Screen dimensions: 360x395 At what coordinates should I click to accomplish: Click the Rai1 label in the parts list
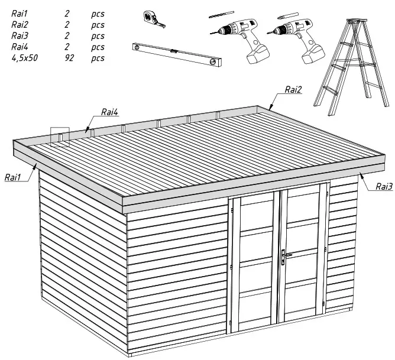pyautogui.click(x=21, y=14)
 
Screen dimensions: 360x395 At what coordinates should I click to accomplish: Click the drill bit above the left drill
pyautogui.click(x=221, y=15)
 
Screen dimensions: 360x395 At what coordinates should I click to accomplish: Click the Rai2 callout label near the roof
pyautogui.click(x=293, y=90)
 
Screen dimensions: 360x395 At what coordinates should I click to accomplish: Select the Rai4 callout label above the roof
pyautogui.click(x=110, y=111)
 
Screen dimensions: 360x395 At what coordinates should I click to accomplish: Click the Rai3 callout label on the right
pyautogui.click(x=384, y=186)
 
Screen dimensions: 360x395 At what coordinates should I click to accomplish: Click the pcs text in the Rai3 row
pyautogui.click(x=98, y=35)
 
